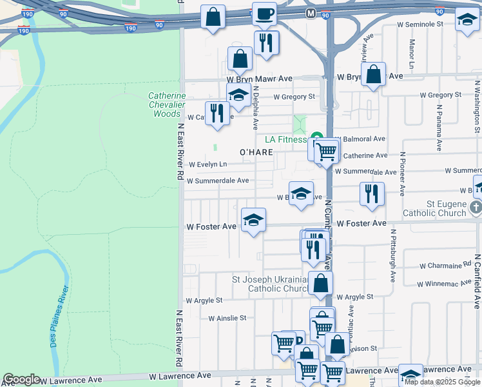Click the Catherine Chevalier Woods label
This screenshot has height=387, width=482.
(167, 104)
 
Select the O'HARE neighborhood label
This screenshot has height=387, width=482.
(256, 152)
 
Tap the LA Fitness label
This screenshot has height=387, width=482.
(287, 139)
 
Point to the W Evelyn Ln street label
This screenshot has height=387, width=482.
(207, 164)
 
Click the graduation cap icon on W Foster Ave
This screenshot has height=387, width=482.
(253, 221)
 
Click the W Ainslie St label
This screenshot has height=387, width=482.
(227, 318)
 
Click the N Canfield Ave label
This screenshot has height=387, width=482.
(477, 283)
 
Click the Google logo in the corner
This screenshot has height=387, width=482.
(21, 379)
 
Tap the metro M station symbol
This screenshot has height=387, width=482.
(311, 14)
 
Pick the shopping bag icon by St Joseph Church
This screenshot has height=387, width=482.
(320, 283)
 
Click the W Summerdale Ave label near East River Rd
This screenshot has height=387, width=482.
(217, 181)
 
